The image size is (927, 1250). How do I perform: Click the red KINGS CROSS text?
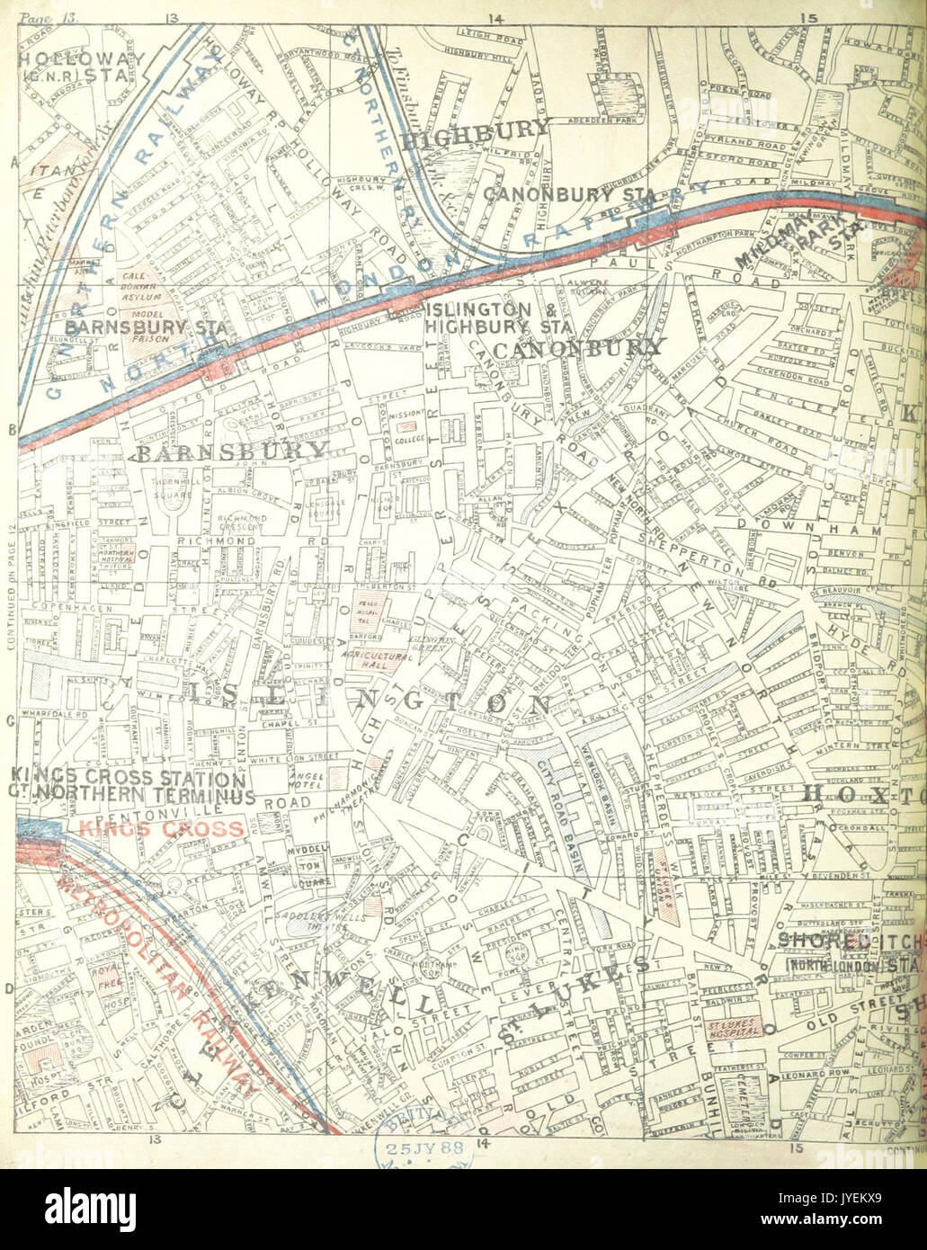[160, 828]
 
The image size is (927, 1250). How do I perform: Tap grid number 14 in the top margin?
[493, 17]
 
